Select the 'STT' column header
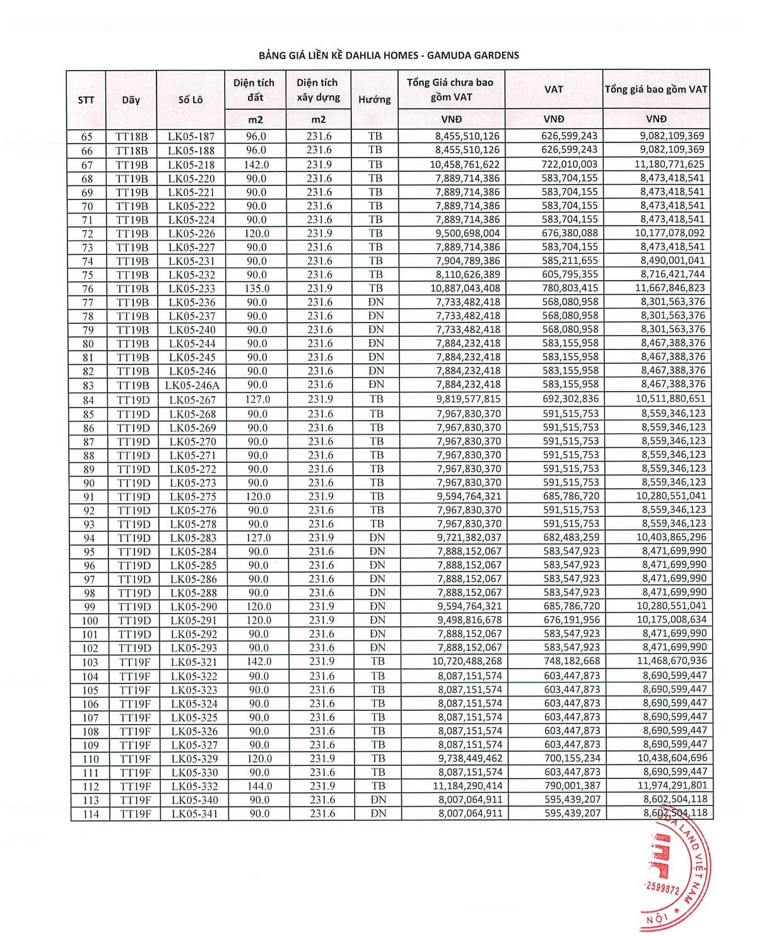[x=86, y=100]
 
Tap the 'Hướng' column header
[x=374, y=99]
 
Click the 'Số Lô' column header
[x=191, y=99]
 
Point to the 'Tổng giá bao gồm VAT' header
[x=656, y=89]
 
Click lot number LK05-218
[x=191, y=165]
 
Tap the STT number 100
[x=90, y=621]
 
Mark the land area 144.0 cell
[x=259, y=786]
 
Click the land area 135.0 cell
[x=257, y=288]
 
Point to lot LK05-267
[x=192, y=400]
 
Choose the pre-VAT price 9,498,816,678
[x=469, y=620]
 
